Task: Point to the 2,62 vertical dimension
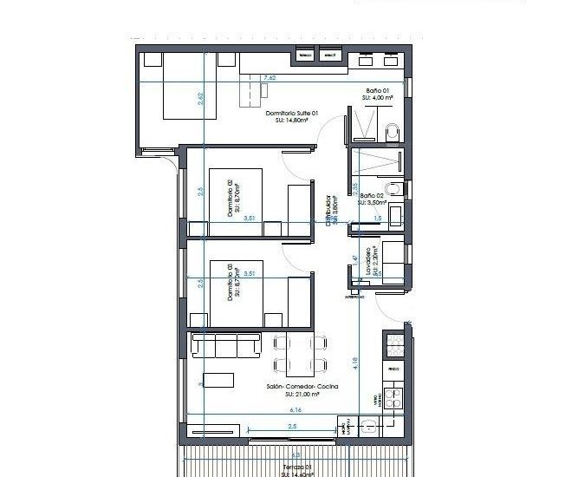(200, 100)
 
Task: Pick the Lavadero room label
(371, 263)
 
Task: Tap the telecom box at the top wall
(305, 56)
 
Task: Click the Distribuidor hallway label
(331, 210)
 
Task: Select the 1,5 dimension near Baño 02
(378, 219)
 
